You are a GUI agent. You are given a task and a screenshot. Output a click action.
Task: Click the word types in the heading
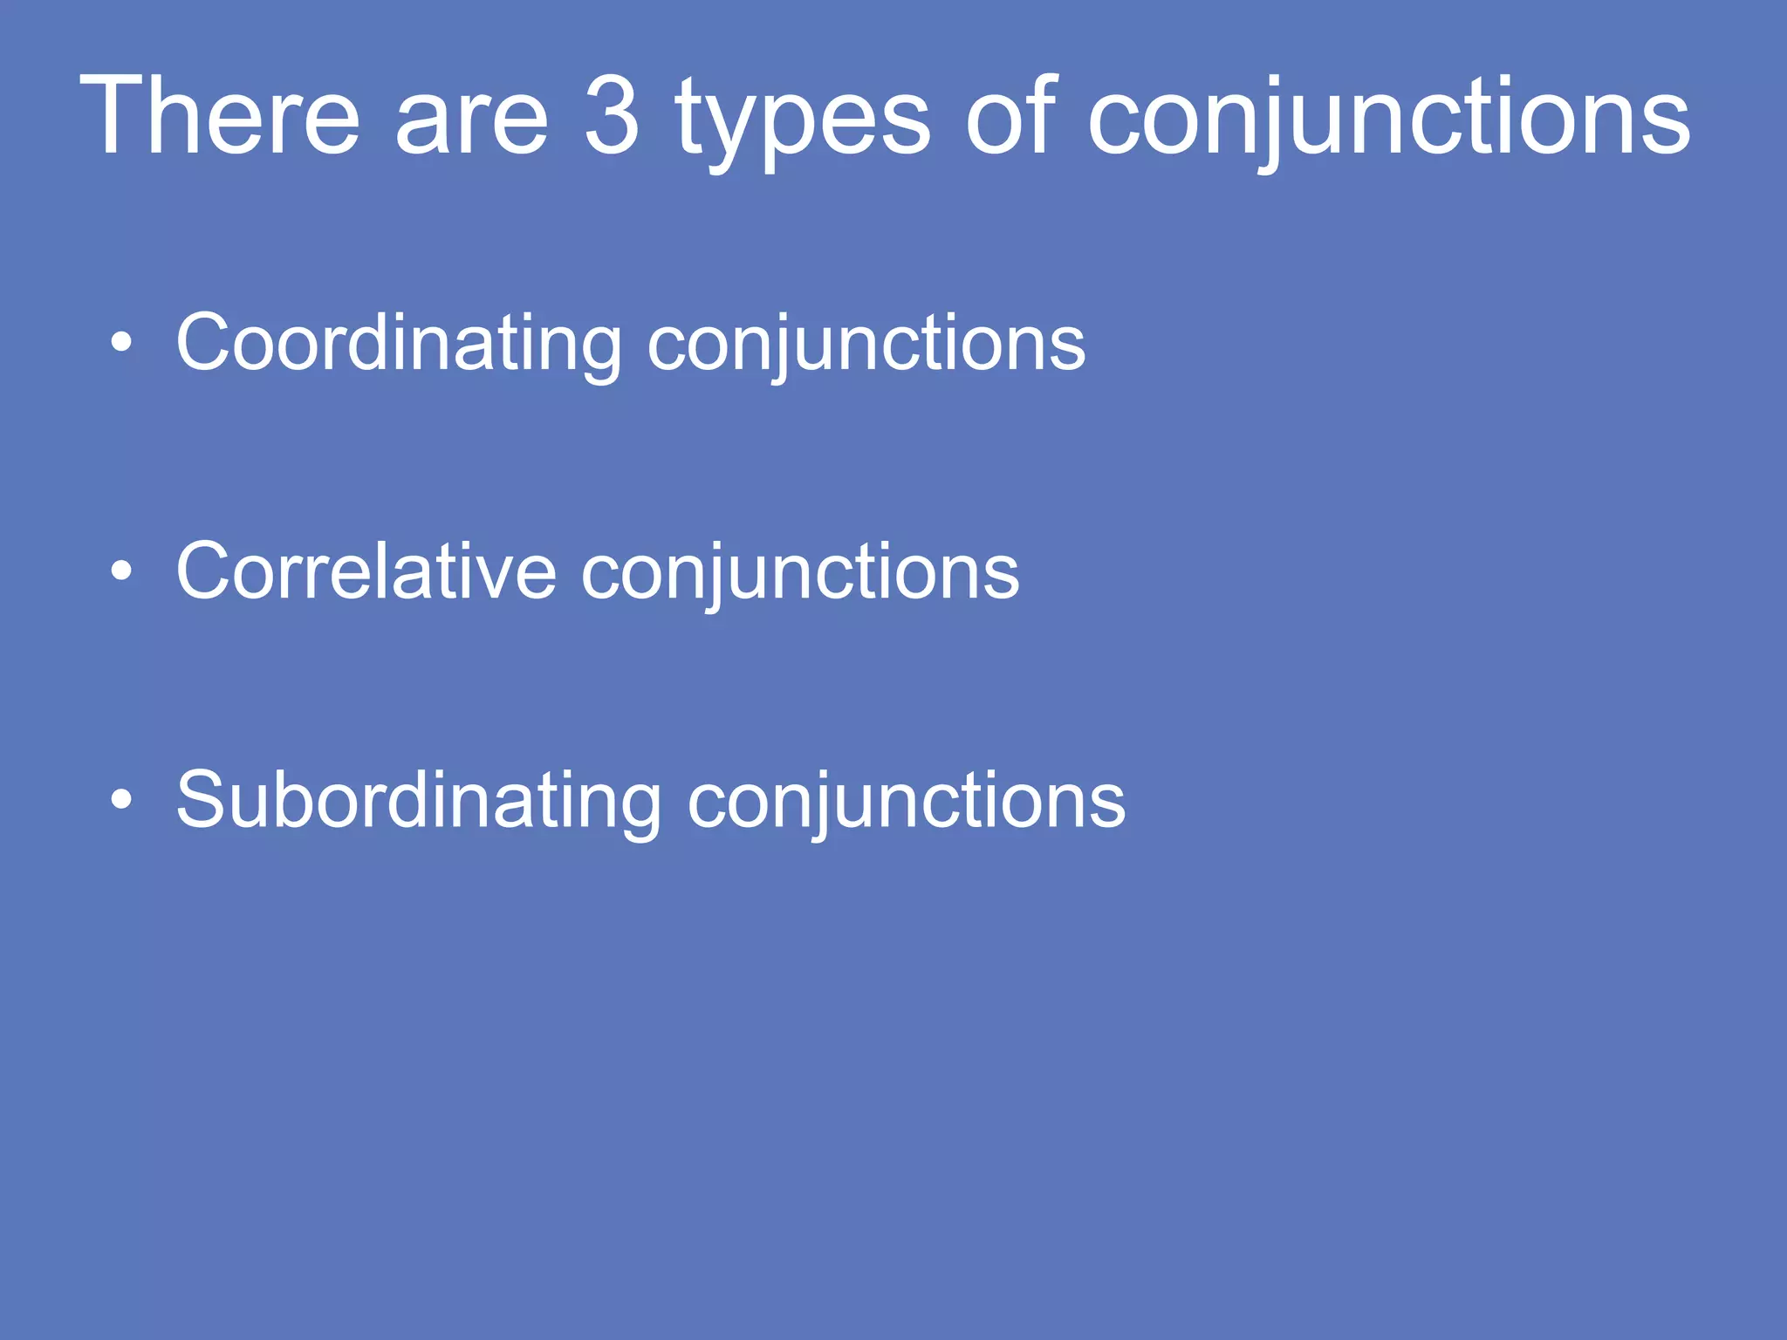(x=802, y=122)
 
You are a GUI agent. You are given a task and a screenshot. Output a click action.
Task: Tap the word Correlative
(x=366, y=572)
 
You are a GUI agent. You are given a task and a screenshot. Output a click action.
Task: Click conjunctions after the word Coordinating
(x=866, y=345)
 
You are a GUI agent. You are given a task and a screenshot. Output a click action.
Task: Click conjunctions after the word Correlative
(x=799, y=574)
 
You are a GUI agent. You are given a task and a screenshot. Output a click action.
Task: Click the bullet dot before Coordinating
(x=122, y=343)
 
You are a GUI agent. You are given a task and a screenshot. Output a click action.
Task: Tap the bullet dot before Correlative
(x=122, y=571)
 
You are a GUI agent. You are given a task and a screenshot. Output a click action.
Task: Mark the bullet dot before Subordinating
(x=122, y=799)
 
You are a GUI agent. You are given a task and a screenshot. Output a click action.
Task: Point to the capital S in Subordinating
(x=202, y=799)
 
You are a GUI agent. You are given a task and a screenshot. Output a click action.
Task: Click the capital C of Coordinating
(x=205, y=342)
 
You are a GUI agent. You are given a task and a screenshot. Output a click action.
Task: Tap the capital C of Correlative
(x=205, y=571)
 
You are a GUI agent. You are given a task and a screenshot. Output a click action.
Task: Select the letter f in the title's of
(x=1040, y=113)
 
